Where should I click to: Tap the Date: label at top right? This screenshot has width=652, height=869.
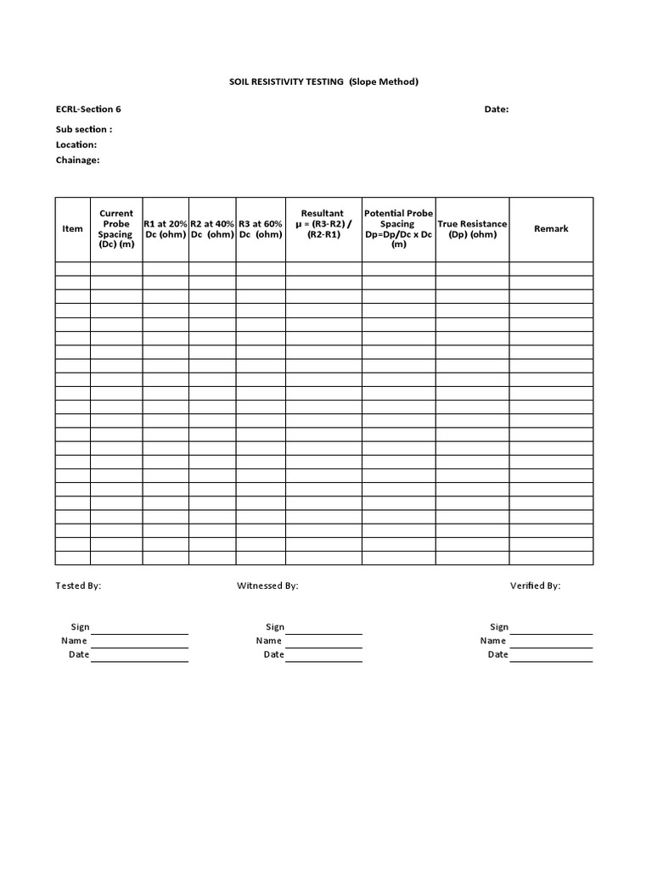click(497, 109)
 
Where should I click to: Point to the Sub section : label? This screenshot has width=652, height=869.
click(84, 129)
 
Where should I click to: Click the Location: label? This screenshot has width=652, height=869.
click(76, 144)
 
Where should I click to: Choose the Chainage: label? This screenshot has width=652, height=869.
click(78, 160)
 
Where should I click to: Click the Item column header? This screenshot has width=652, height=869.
click(73, 228)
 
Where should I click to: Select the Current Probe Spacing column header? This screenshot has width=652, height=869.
click(116, 229)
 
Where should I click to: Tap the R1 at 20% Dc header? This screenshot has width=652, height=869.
click(166, 228)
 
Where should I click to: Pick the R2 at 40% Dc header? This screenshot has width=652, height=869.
click(212, 228)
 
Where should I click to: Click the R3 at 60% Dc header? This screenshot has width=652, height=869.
click(261, 228)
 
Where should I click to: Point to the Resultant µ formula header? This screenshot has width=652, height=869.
click(323, 224)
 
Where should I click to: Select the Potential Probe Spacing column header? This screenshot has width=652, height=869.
click(399, 228)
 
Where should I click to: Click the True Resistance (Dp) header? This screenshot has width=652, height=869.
click(473, 229)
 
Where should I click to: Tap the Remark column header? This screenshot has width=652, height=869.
click(551, 228)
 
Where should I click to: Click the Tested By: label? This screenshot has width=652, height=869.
click(79, 586)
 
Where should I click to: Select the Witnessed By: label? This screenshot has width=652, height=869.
click(267, 586)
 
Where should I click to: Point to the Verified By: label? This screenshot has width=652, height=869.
click(535, 586)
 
